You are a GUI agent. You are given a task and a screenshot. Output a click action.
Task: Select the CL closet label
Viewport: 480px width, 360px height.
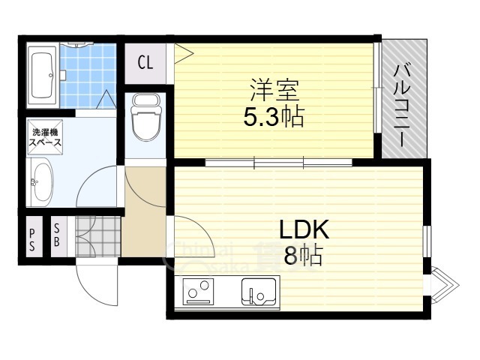click(145, 62)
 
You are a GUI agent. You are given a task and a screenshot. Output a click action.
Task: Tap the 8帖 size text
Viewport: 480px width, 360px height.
click(303, 256)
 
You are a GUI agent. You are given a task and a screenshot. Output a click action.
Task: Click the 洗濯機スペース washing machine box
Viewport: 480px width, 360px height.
click(45, 137)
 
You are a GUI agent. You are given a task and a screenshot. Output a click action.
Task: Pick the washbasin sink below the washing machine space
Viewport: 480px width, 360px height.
click(42, 181)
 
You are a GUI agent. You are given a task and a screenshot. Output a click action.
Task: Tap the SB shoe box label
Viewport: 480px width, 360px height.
click(58, 237)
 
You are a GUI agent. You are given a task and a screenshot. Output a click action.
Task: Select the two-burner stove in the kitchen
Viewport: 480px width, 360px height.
click(199, 292)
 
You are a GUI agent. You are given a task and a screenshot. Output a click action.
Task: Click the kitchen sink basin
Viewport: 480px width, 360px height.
click(259, 291)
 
